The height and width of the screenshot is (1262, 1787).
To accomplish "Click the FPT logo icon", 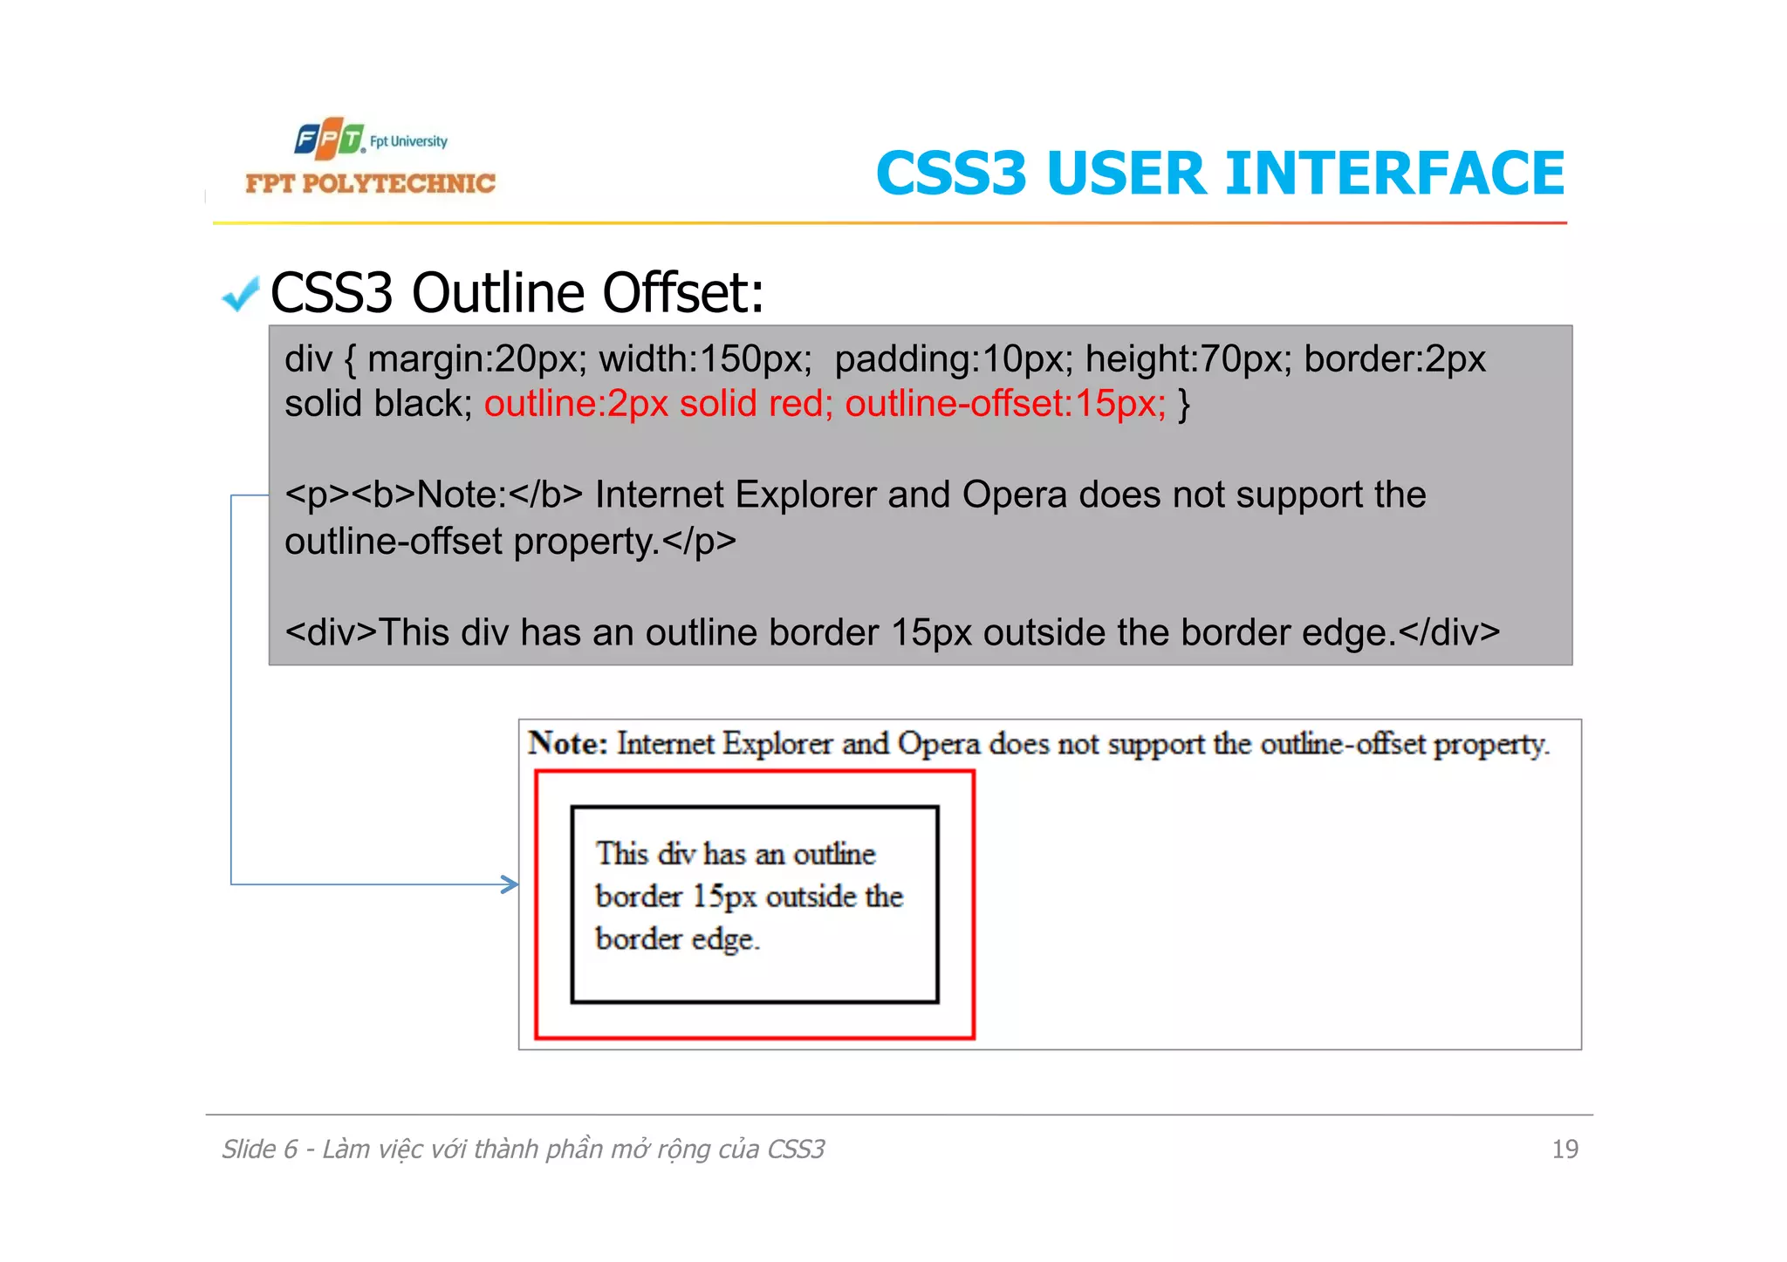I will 329,139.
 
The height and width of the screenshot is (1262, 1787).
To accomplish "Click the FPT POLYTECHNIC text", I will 370,183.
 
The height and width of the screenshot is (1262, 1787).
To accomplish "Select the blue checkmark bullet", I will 241,294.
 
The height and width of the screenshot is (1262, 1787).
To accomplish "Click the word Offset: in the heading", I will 683,292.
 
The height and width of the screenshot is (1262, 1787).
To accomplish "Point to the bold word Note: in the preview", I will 567,744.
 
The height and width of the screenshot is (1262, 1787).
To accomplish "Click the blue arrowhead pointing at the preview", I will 510,884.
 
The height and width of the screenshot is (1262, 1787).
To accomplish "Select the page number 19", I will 1564,1149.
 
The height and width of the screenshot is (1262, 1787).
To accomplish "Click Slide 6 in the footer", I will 259,1149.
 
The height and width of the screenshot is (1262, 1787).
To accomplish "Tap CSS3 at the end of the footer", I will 795,1149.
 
